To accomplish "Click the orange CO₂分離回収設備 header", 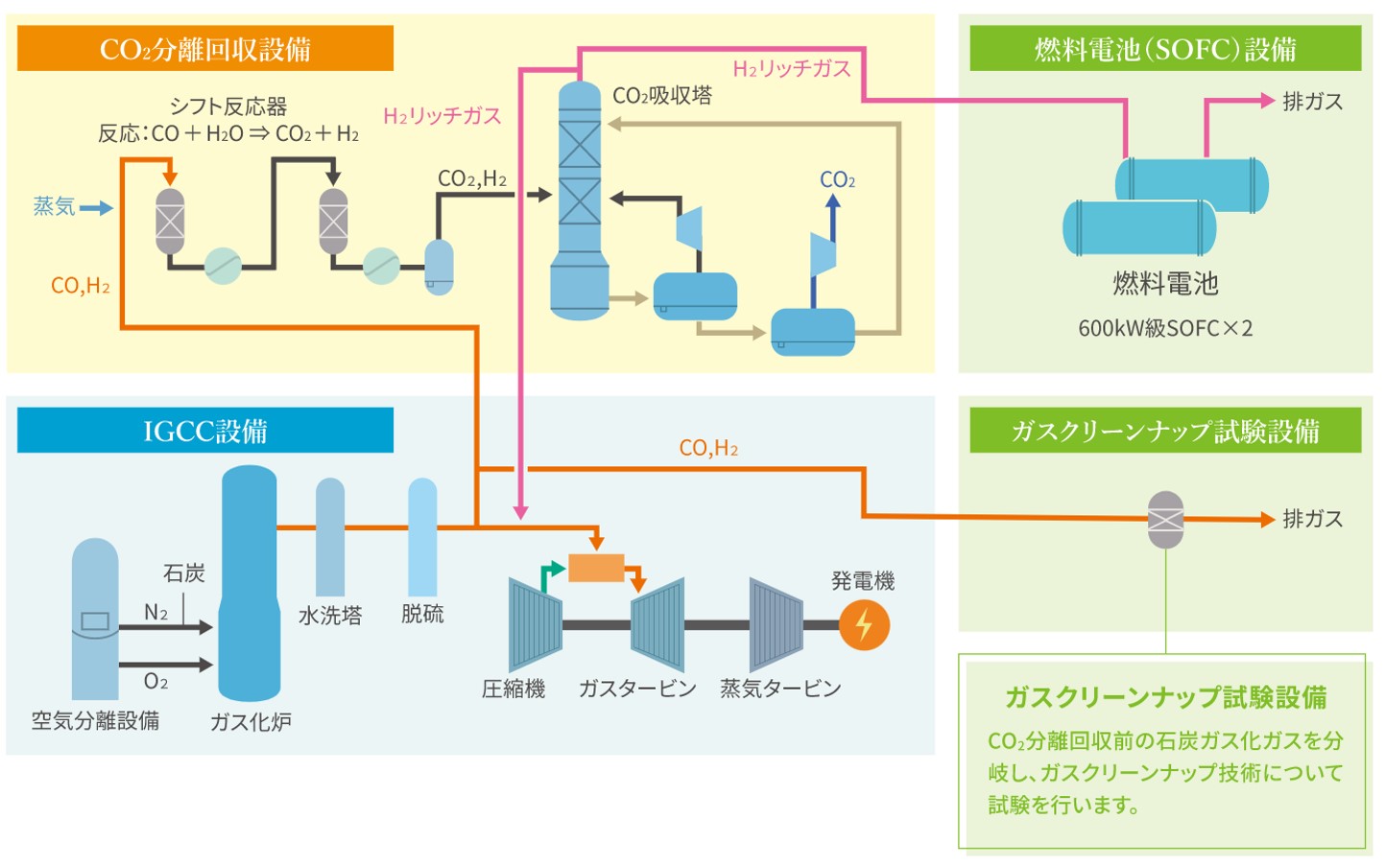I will click(x=204, y=48).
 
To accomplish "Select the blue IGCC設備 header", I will click(x=204, y=431).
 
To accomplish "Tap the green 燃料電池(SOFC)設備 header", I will click(x=1164, y=48).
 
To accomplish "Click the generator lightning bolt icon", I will click(x=864, y=625).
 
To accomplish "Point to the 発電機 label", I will click(x=862, y=581).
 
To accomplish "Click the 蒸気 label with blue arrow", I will click(x=55, y=206).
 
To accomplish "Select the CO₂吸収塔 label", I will click(x=662, y=96).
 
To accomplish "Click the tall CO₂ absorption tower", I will click(x=580, y=201).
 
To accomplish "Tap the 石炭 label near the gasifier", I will click(x=183, y=573).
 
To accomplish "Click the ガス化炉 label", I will click(x=251, y=722).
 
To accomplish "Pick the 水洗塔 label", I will click(x=330, y=616).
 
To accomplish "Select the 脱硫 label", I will click(x=422, y=615).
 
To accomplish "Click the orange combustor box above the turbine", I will click(x=596, y=568).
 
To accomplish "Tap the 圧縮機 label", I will click(x=514, y=689).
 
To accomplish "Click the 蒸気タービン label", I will click(x=780, y=689).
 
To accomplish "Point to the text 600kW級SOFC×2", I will click(x=1164, y=329).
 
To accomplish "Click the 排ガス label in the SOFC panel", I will click(x=1312, y=102).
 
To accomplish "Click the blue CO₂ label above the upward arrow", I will click(x=837, y=180).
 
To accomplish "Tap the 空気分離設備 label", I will click(x=95, y=721).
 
